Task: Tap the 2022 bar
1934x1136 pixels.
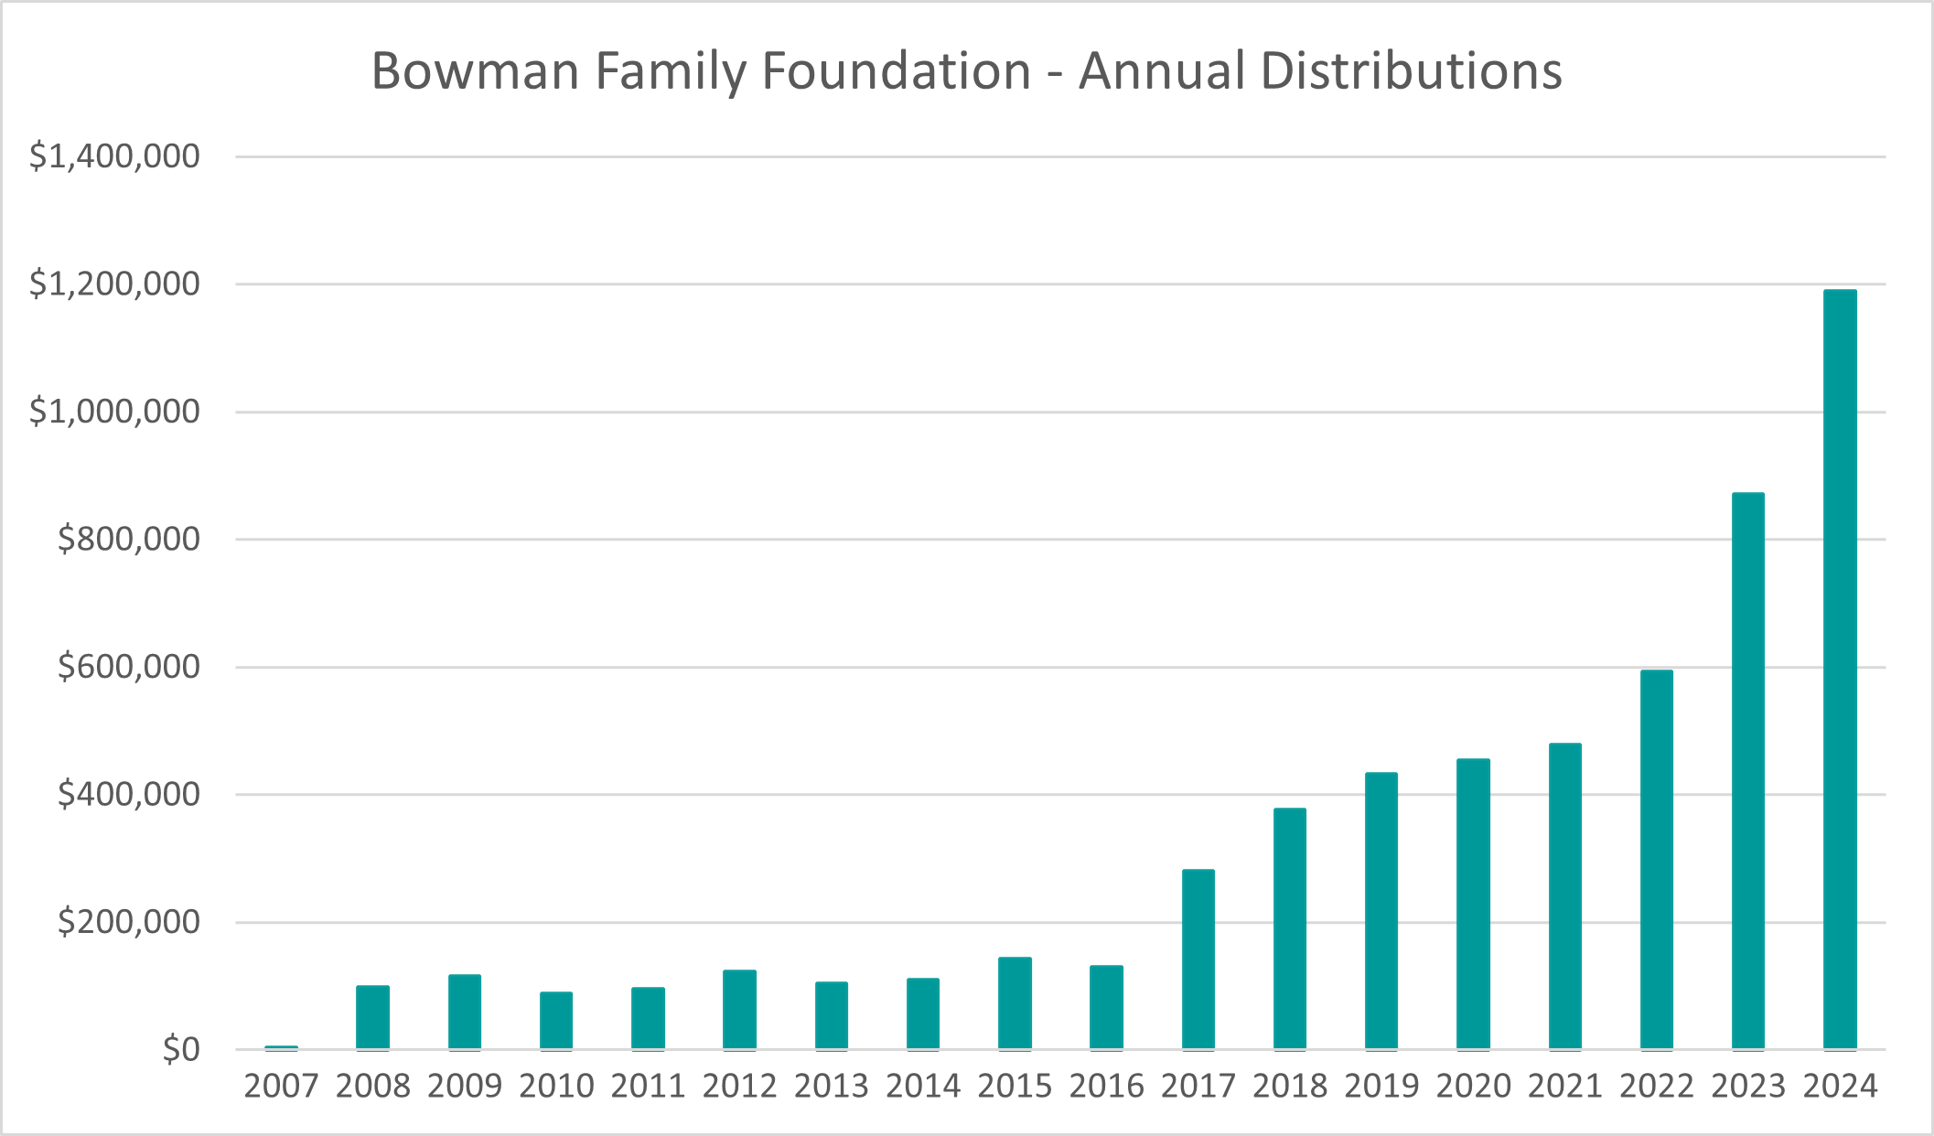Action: coord(1657,860)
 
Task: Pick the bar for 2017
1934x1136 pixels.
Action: coord(1198,959)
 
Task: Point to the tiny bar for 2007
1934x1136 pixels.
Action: coord(281,1047)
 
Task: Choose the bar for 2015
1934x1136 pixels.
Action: coord(1015,1003)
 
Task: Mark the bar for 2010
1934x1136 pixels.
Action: coord(556,1021)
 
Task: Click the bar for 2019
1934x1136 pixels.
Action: coord(1381,911)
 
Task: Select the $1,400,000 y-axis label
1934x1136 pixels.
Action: coord(114,156)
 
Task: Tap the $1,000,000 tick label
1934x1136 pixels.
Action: coord(114,412)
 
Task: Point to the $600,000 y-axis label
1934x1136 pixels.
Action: coord(128,667)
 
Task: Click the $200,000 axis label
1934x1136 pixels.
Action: coord(128,922)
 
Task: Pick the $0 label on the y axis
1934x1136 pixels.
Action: coord(181,1050)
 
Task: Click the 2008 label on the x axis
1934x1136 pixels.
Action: coord(372,1087)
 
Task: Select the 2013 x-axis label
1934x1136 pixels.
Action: coord(831,1087)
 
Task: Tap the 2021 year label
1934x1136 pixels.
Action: coord(1564,1087)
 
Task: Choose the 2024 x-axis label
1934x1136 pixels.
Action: coord(1840,1087)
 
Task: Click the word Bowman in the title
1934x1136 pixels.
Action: coord(475,71)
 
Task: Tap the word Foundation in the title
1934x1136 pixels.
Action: coord(896,71)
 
